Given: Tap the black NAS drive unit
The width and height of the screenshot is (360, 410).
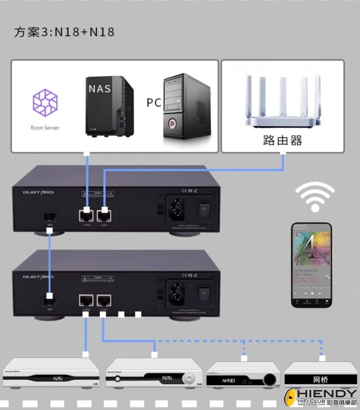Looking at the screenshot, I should point(109,106).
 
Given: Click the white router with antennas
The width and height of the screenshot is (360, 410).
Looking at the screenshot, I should point(282,103).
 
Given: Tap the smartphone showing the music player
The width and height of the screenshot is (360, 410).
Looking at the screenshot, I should point(312,264).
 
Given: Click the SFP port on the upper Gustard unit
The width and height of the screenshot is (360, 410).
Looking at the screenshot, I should point(50,216).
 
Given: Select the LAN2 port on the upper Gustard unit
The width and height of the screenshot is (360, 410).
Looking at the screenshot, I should point(86,215).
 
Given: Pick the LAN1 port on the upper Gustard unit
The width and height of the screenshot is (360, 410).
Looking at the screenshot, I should point(104,215).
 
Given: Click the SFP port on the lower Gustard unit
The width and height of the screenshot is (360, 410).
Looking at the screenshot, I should point(50,300).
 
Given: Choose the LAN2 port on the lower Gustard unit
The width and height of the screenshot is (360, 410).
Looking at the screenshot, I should point(86,300).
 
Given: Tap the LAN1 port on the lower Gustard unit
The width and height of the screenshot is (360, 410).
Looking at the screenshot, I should point(104,300).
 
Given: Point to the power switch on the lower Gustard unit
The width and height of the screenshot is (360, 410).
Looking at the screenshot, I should point(204,295).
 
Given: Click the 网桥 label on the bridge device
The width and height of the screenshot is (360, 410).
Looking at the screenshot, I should point(320,380).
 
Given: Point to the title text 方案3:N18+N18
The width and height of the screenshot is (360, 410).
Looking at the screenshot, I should point(64,33).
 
